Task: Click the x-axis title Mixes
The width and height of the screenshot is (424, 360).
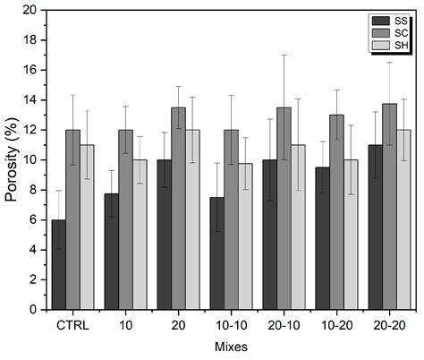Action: tap(231, 345)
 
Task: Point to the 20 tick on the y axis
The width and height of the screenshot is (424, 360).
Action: tap(34, 11)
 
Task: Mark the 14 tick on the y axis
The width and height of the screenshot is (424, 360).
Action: tap(34, 100)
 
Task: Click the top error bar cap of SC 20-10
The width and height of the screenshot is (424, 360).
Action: tap(284, 56)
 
